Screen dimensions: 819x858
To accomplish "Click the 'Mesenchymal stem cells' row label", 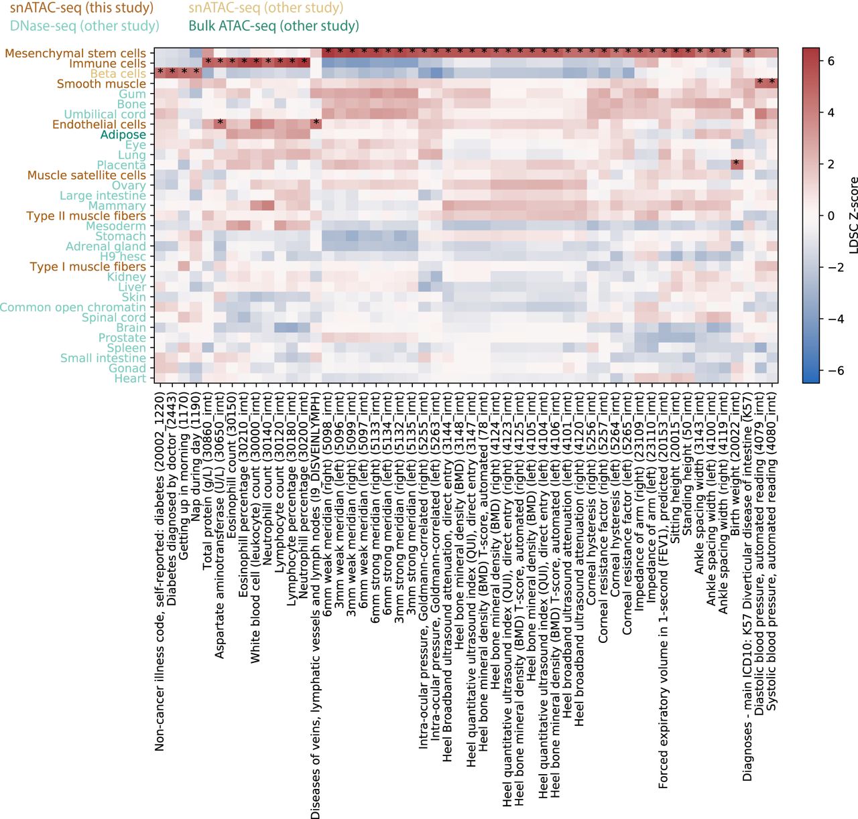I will click(75, 54).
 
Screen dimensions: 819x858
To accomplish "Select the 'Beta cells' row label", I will click(118, 74).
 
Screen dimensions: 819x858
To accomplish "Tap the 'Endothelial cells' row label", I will click(99, 125).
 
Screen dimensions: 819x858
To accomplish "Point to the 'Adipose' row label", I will click(123, 135).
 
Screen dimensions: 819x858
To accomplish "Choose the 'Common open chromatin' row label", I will click(73, 307).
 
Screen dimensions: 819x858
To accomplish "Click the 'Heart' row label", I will click(130, 378).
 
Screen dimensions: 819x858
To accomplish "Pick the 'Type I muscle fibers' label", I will click(88, 267).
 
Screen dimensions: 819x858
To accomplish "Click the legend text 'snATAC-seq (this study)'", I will click(82, 9).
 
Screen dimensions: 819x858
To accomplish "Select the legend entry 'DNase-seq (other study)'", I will click(84, 26).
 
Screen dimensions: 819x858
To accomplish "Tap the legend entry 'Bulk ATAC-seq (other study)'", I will click(273, 26).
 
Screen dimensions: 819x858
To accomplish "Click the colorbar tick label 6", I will click(831, 61).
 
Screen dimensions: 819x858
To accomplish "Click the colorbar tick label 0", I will click(831, 216).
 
